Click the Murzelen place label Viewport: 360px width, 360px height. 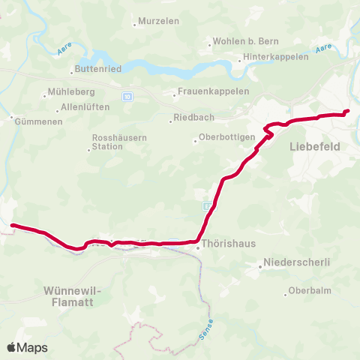[159, 21]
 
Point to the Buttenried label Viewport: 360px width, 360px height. [95, 69]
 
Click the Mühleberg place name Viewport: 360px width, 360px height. [67, 94]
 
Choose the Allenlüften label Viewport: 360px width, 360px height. [85, 107]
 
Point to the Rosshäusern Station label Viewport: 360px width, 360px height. [113, 142]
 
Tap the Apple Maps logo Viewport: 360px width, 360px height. [27, 347]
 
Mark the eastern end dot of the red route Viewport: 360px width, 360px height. [346, 112]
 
